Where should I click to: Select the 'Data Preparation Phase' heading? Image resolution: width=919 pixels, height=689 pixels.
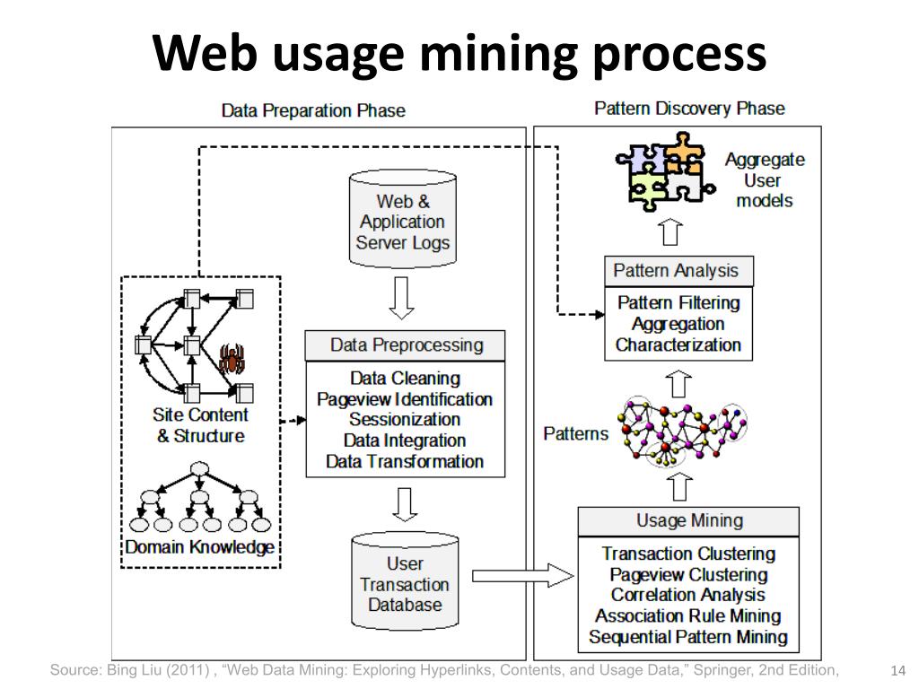pos(313,111)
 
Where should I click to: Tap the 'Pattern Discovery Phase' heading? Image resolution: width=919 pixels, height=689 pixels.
pos(689,109)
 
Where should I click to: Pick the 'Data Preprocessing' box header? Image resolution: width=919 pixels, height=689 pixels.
pos(406,345)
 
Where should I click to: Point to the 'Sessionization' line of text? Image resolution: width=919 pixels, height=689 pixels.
pos(405,420)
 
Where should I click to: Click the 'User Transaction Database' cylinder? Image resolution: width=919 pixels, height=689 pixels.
pos(405,583)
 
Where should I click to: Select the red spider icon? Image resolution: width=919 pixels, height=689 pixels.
pos(232,359)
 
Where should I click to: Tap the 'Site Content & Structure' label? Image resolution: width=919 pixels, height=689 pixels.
pos(200,426)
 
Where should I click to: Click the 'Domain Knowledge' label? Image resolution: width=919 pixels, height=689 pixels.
pos(199,547)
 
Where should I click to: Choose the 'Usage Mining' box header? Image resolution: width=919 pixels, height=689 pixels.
pos(688,520)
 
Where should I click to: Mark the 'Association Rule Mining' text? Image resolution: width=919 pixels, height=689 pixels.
pos(688,616)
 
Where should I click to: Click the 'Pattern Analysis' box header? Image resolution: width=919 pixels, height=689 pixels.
pos(675,271)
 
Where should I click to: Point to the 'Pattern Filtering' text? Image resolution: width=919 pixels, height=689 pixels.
pos(678,303)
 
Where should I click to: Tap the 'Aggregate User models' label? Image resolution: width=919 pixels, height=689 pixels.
pos(765,180)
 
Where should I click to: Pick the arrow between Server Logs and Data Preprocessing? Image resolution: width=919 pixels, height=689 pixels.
pos(402,298)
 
